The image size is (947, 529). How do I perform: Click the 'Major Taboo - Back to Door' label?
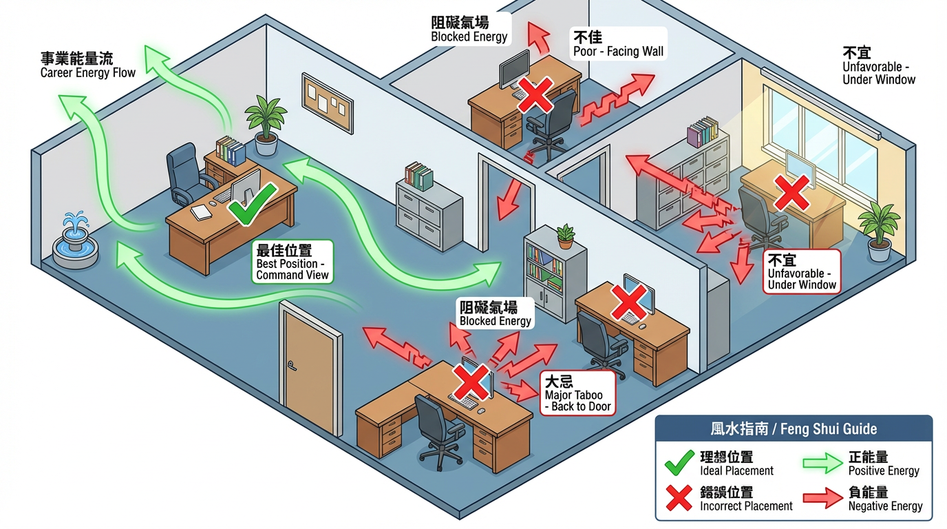pyautogui.click(x=577, y=393)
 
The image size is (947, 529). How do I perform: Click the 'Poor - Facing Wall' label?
pyautogui.click(x=618, y=44)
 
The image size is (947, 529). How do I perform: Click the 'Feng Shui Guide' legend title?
pyautogui.click(x=794, y=428)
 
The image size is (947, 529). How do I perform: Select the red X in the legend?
pyautogui.click(x=679, y=498)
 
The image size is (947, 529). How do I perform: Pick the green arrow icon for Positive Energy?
pyautogui.click(x=824, y=464)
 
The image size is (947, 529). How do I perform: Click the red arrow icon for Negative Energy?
pyautogui.click(x=824, y=499)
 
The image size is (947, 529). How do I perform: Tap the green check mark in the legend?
pyautogui.click(x=679, y=463)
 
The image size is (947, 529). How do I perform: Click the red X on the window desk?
pyautogui.click(x=791, y=191)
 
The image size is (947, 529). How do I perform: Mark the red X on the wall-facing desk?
pyautogui.click(x=535, y=94)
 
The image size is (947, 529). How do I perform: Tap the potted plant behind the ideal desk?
pyautogui.click(x=265, y=125)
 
